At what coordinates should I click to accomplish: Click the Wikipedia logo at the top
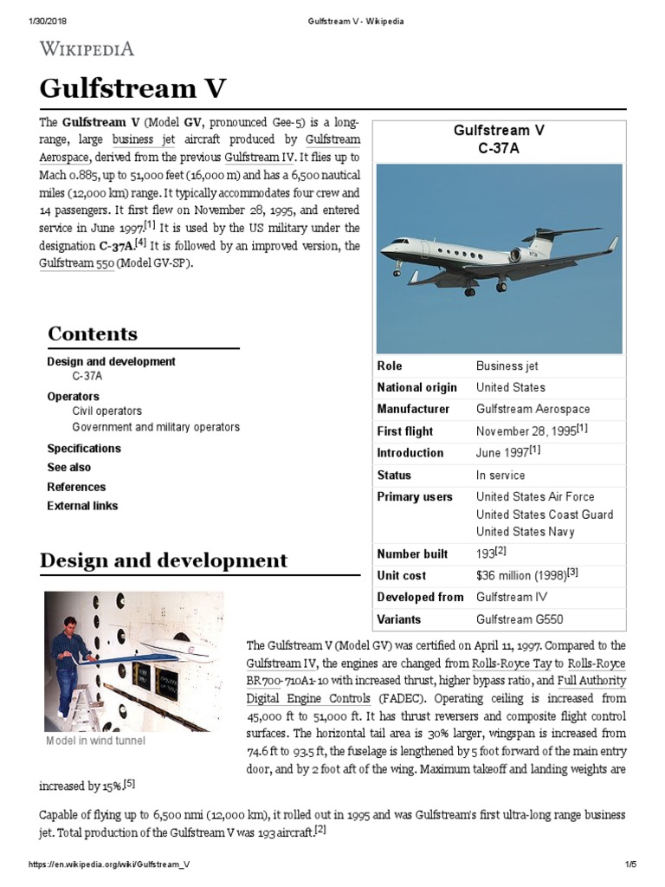coord(87,49)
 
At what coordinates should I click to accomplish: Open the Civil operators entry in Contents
coord(107,411)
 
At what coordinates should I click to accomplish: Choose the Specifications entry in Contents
coord(84,449)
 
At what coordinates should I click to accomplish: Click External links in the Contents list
coord(82,506)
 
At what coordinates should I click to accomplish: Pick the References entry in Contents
coord(76,487)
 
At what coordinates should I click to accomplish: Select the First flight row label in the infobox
coord(405,431)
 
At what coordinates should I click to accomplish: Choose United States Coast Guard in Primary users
coord(545,515)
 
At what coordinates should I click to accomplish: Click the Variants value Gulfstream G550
coord(520,619)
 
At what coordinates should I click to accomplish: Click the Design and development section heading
coord(164,560)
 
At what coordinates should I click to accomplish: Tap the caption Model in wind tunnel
coord(95,741)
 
